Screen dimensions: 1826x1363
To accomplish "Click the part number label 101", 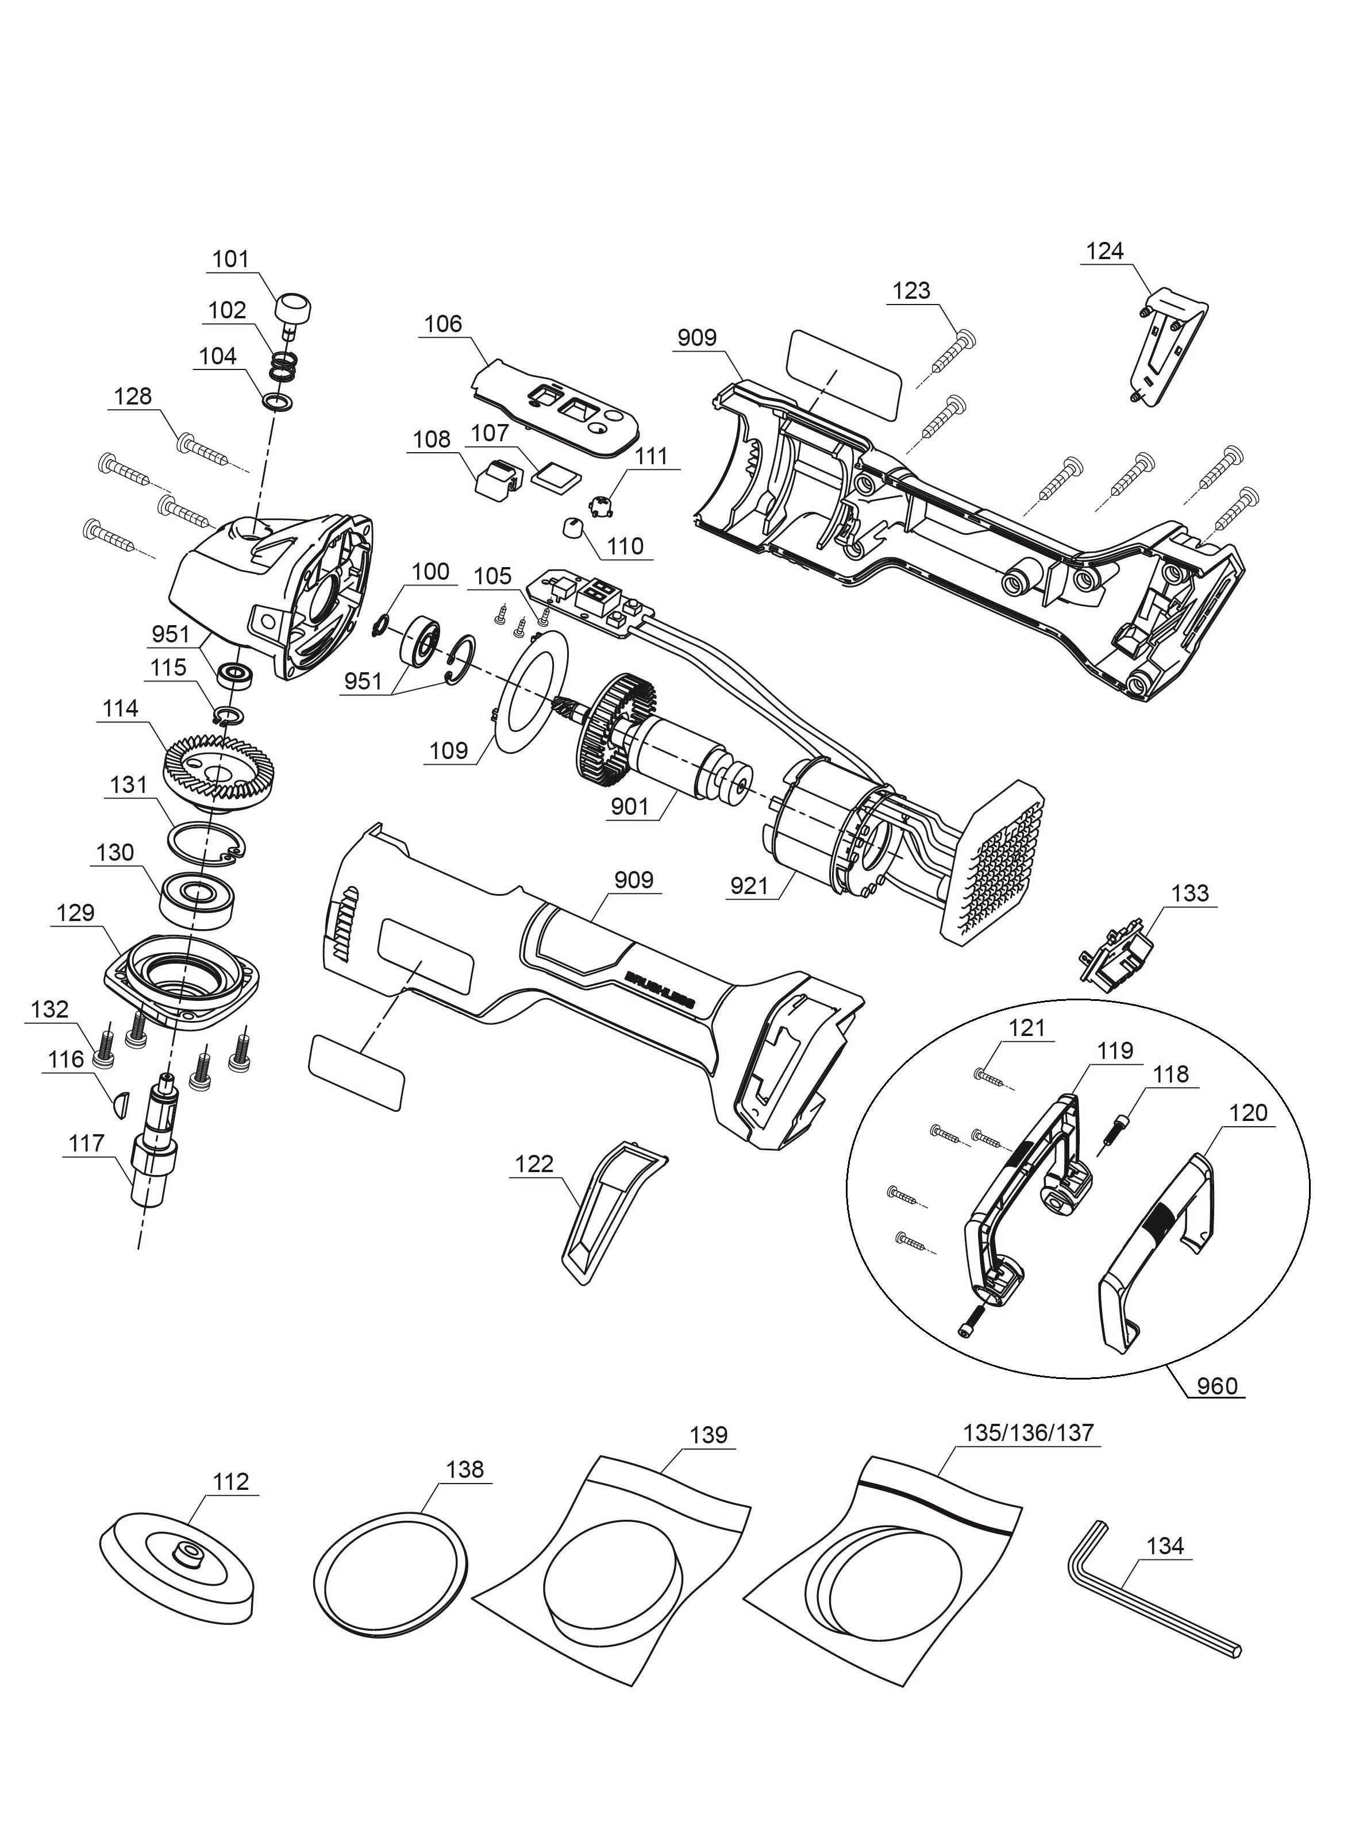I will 230,259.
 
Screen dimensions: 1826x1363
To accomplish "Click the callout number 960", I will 1217,1385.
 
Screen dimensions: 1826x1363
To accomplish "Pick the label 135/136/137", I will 1028,1432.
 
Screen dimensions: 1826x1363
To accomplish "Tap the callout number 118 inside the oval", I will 1171,1074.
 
